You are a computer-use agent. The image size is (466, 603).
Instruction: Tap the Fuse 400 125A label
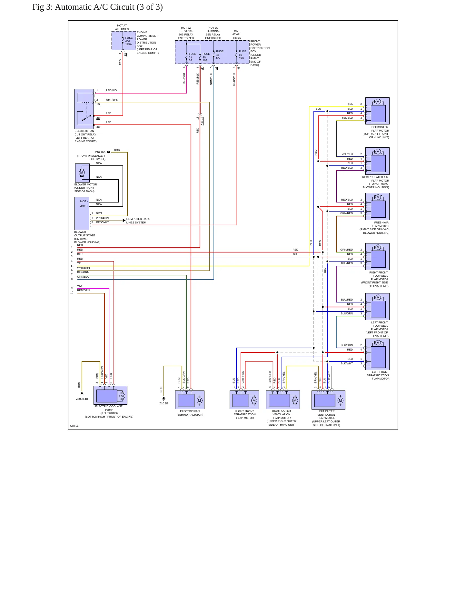tap(129, 41)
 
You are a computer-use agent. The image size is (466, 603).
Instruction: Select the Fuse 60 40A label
tap(242, 54)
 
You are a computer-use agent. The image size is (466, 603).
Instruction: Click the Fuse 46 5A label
tap(220, 54)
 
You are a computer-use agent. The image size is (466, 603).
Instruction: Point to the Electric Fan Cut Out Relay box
tap(84, 109)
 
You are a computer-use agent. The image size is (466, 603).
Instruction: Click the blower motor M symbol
tap(82, 173)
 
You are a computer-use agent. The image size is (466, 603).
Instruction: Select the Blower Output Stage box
tap(82, 214)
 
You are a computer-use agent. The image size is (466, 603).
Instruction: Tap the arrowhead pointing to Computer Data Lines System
tap(124, 221)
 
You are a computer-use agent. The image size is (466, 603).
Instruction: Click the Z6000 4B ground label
tap(82, 399)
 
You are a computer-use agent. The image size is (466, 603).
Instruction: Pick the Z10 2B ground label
tap(164, 403)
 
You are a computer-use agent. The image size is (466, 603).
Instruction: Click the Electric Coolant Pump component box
tap(110, 395)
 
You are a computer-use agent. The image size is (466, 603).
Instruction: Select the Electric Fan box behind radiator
tap(190, 400)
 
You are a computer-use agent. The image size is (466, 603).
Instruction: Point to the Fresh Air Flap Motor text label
tap(375, 228)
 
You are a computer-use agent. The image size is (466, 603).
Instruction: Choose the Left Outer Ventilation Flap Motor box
tap(328, 400)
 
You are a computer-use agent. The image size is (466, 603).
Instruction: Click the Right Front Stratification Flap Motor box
tap(244, 400)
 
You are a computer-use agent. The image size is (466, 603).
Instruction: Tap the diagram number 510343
tap(75, 426)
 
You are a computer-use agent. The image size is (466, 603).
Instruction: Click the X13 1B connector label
tap(202, 120)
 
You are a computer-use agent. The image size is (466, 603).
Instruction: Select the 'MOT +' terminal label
tap(84, 206)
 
